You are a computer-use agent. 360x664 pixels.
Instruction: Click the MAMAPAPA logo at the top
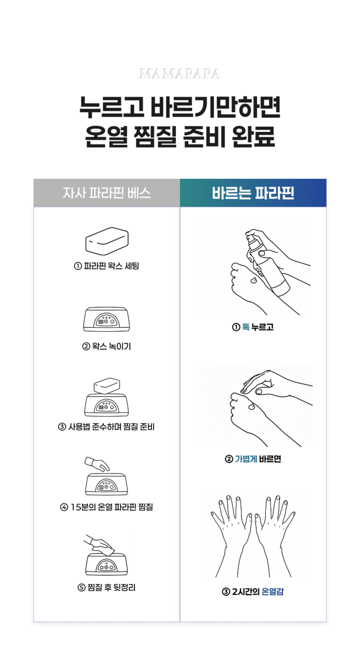click(180, 74)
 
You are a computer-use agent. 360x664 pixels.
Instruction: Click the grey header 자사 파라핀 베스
click(107, 193)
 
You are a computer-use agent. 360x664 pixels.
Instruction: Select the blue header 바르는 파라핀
click(253, 193)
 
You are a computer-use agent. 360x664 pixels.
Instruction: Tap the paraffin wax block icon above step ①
click(107, 241)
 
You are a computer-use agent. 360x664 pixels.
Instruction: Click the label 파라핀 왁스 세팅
click(111, 266)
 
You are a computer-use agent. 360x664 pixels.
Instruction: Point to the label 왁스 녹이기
click(111, 346)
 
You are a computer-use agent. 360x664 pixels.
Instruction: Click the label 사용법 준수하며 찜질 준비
click(111, 427)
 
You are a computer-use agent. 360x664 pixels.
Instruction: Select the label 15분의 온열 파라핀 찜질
click(111, 507)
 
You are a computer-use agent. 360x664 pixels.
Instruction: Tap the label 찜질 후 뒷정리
click(111, 587)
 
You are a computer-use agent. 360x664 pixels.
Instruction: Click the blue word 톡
click(246, 327)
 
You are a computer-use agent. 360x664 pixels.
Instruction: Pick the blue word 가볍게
click(246, 459)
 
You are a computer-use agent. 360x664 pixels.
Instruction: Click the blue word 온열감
click(273, 592)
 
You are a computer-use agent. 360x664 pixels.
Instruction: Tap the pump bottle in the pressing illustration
click(267, 264)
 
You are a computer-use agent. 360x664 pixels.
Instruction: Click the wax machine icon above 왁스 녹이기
click(107, 319)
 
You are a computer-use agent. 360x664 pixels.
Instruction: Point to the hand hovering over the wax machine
click(97, 463)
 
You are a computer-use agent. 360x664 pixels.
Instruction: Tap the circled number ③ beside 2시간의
click(226, 592)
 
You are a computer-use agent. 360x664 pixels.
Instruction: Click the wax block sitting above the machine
click(107, 386)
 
